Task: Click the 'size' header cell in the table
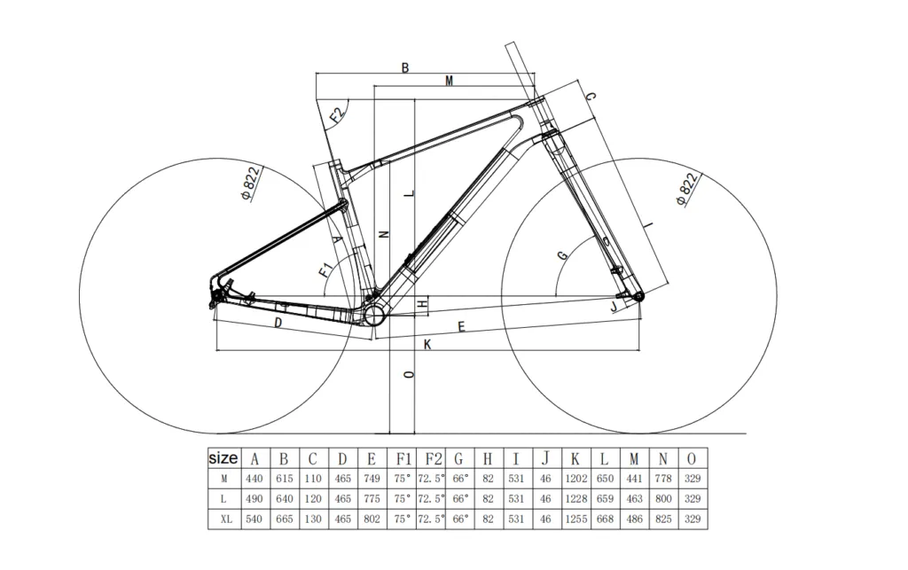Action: [223, 458]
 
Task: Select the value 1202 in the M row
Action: [575, 479]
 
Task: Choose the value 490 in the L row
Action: [254, 499]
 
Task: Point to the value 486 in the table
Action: [634, 519]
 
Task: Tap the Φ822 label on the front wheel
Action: [687, 189]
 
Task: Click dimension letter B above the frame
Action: [405, 68]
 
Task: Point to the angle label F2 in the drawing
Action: [337, 115]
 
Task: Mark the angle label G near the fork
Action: [561, 255]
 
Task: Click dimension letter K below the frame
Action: [427, 344]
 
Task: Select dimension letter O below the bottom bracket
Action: [408, 375]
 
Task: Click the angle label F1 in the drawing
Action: [325, 268]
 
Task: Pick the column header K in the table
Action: [575, 458]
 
